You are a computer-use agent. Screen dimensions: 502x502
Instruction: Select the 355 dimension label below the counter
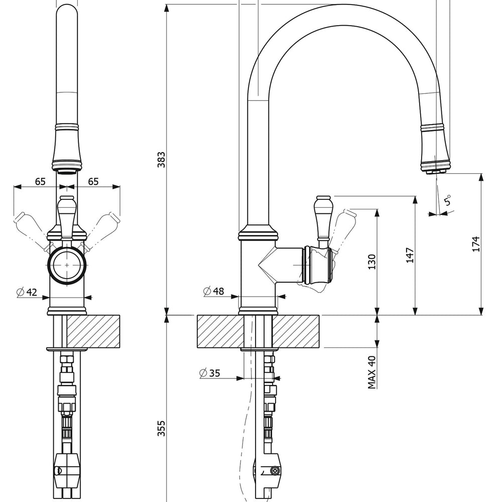[x=161, y=428]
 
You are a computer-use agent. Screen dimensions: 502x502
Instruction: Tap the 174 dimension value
[x=476, y=243]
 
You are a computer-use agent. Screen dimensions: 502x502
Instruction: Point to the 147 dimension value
[x=410, y=255]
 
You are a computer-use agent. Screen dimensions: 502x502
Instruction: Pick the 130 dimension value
[x=371, y=263]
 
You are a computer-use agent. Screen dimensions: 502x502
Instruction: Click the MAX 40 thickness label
[x=371, y=372]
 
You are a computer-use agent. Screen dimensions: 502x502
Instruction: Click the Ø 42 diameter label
[x=27, y=292]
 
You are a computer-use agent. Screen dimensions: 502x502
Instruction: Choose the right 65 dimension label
[x=93, y=181]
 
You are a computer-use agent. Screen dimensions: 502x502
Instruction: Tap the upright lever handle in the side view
[x=322, y=217]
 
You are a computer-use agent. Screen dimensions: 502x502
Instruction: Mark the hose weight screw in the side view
[x=274, y=470]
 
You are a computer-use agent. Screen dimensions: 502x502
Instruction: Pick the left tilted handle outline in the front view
[x=29, y=224]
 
